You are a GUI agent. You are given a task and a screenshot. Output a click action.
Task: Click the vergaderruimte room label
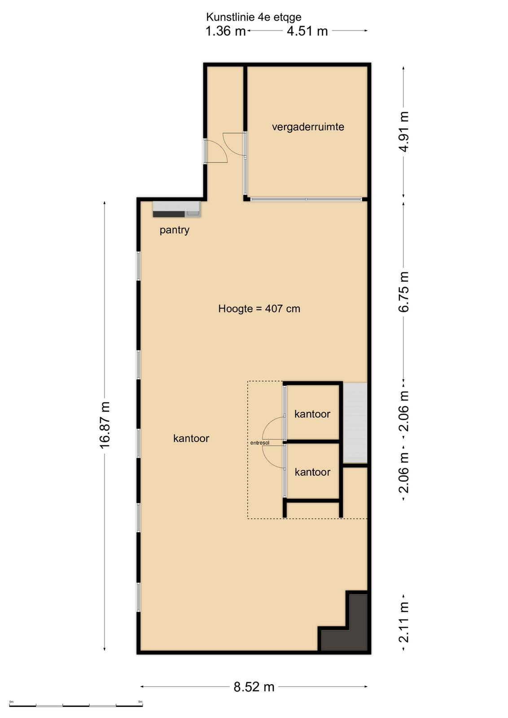point(308,127)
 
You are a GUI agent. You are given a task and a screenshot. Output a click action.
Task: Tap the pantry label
point(175,230)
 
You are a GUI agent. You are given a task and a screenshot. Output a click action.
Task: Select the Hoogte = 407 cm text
point(259,309)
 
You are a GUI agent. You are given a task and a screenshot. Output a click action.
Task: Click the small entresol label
point(259,443)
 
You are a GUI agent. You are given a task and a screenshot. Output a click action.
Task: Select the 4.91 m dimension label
point(404,131)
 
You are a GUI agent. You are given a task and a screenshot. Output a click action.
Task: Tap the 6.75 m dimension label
point(404,291)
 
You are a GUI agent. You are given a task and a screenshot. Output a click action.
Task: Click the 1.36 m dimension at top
point(225,31)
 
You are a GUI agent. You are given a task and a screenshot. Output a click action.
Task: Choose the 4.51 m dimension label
point(307,31)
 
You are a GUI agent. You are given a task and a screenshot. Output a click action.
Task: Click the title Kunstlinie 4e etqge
point(254,17)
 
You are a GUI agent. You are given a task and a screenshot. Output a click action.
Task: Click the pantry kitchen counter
point(177,209)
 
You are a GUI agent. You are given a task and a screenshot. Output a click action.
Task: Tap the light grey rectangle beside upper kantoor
point(355,422)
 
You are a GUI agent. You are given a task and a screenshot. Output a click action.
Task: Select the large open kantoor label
point(191,438)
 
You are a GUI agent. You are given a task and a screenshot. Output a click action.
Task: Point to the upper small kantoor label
point(312,414)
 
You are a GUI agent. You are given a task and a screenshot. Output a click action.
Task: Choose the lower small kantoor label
point(312,472)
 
